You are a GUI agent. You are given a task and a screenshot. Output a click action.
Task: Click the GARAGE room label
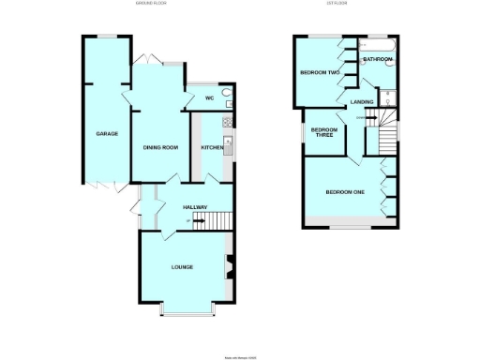(106, 134)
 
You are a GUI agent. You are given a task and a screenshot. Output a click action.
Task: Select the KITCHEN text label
(212, 147)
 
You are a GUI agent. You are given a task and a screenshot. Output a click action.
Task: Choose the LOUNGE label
(182, 267)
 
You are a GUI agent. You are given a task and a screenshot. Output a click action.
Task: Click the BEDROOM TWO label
(319, 72)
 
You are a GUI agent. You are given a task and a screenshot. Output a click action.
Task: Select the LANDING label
(362, 101)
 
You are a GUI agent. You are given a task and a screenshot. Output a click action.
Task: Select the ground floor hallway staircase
(217, 221)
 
